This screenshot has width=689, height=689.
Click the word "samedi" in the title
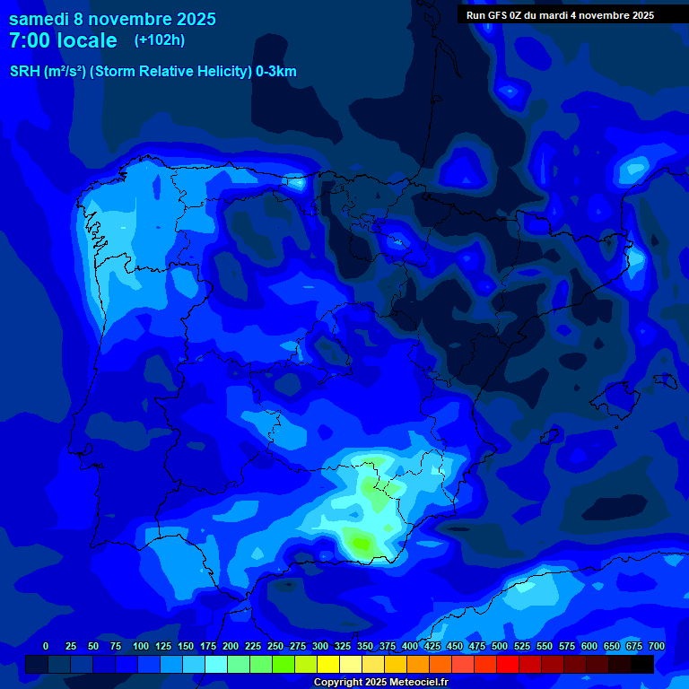coord(39,18)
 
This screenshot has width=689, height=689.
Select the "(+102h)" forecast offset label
coord(160,39)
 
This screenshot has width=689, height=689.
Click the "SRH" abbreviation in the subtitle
coord(25,72)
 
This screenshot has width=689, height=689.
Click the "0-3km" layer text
coord(276,72)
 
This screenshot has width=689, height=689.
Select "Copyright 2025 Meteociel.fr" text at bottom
coord(380,683)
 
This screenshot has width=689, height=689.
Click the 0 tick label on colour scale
coord(46,646)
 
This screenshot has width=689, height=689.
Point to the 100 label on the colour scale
coord(141,646)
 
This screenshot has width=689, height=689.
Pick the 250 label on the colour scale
coord(275,646)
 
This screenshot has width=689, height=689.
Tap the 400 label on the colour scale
coord(410,646)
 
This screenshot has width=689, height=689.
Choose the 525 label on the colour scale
coord(522,646)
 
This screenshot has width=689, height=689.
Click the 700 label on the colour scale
coord(656,646)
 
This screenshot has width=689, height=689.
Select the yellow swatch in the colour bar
coord(328,665)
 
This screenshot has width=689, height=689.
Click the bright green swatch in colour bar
coord(283,665)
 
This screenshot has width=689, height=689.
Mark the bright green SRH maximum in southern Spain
coord(362,542)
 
